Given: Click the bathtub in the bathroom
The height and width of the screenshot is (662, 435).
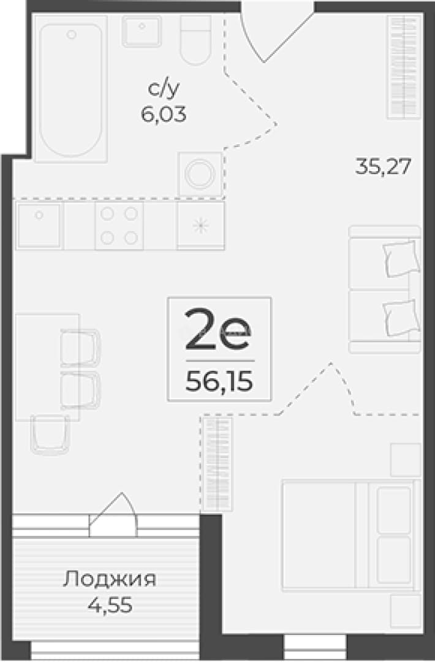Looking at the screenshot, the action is (x=70, y=89).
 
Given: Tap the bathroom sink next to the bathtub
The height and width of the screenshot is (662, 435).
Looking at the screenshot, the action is (x=142, y=31).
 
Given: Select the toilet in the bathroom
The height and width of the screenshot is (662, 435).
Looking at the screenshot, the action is (x=196, y=40).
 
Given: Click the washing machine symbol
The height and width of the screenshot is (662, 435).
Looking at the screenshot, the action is (x=200, y=174).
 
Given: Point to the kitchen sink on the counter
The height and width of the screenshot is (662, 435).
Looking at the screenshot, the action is (x=39, y=226).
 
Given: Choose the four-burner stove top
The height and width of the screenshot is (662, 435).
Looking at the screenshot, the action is (x=119, y=226).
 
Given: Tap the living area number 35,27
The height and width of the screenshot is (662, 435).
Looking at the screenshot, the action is (x=383, y=166).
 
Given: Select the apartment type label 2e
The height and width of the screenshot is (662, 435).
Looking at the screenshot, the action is (x=218, y=329).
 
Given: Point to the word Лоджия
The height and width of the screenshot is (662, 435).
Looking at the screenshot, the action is (x=110, y=579).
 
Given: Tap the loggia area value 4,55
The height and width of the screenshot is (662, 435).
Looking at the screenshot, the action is (x=110, y=605).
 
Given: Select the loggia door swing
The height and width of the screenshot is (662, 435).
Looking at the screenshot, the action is (x=114, y=514).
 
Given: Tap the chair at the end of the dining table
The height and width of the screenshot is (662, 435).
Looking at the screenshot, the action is (x=50, y=435).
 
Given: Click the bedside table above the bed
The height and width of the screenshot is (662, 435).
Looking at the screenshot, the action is (x=406, y=460).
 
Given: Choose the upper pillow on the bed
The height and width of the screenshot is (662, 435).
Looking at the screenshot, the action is (x=394, y=510).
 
